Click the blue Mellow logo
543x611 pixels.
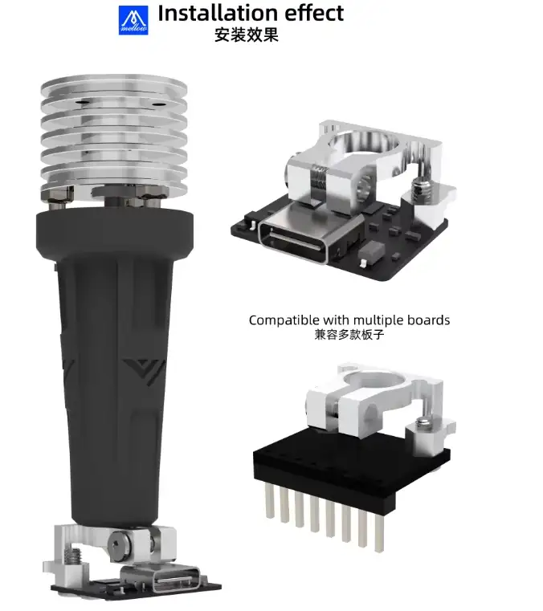133,20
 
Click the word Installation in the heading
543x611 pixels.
218,13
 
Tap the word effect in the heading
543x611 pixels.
314,13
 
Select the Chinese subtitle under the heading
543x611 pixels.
247,35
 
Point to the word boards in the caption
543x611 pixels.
428,320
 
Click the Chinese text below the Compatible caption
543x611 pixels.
349,335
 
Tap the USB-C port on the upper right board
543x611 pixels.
294,238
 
